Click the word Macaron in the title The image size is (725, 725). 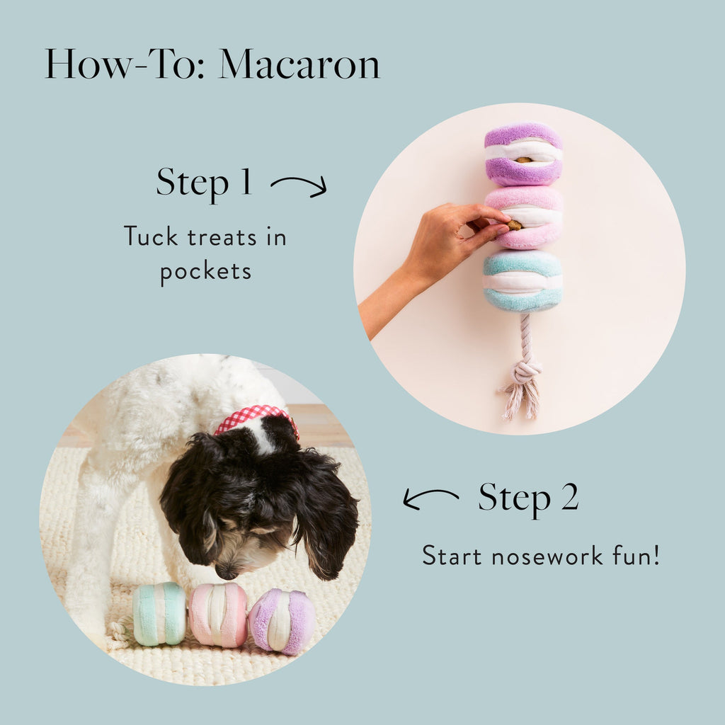[x=299, y=64]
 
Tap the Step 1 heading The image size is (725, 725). [x=204, y=182]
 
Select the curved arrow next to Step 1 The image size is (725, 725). [x=298, y=186]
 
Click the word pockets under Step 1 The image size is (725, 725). [x=205, y=271]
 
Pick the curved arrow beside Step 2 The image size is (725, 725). [x=430, y=498]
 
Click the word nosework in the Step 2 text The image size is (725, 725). [x=542, y=555]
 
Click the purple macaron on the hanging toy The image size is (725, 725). [x=523, y=154]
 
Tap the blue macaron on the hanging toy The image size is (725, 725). [x=523, y=281]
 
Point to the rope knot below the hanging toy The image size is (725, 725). [x=525, y=372]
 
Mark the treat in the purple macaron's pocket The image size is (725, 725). [x=523, y=160]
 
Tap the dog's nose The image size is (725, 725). [x=227, y=571]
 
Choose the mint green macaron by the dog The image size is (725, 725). [x=159, y=613]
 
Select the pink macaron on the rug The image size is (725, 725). [x=218, y=615]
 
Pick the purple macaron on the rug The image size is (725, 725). [x=282, y=620]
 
